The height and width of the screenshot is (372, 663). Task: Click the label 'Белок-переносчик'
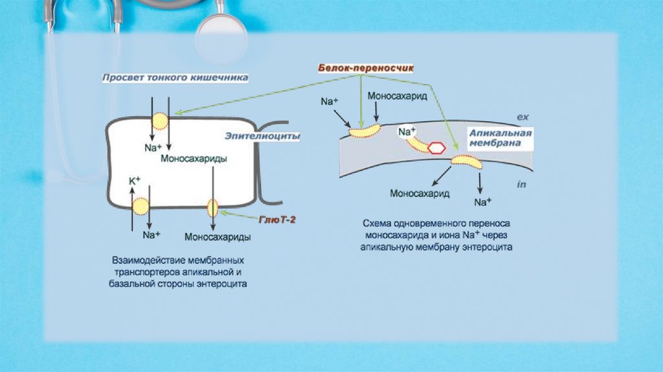pos(366,67)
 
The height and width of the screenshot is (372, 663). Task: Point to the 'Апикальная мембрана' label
pos(500,138)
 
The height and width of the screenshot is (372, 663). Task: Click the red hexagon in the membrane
pos(437,147)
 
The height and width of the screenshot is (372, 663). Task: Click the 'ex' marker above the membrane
pos(523,117)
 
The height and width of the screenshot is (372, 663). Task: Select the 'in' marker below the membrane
pos(522,185)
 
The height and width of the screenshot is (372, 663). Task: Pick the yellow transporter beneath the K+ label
pos(140,207)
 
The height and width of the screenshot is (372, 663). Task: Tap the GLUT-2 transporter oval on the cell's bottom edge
pos(212,208)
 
